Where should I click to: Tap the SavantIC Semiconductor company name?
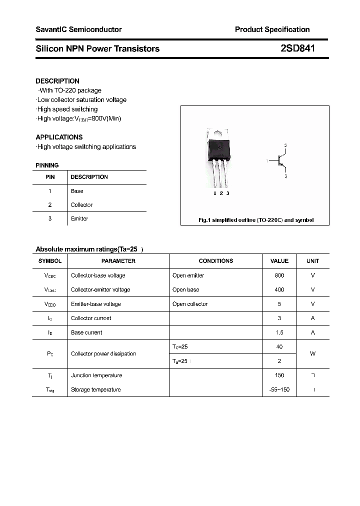click(78, 29)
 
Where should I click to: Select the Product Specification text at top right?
click(272, 29)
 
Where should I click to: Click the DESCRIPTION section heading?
click(57, 81)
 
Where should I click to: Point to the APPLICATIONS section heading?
click(59, 137)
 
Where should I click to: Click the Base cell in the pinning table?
click(77, 191)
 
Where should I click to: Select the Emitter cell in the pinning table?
click(79, 219)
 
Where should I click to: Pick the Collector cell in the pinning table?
click(81, 205)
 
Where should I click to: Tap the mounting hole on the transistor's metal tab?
click(218, 132)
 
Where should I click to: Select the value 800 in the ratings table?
click(279, 275)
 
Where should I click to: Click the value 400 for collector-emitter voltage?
click(279, 290)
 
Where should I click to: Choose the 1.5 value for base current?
click(279, 332)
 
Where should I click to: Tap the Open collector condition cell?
click(190, 304)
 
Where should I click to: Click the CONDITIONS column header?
click(215, 261)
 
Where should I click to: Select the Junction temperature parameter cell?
click(96, 375)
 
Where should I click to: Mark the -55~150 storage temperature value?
click(279, 389)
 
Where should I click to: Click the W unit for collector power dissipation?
click(312, 354)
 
